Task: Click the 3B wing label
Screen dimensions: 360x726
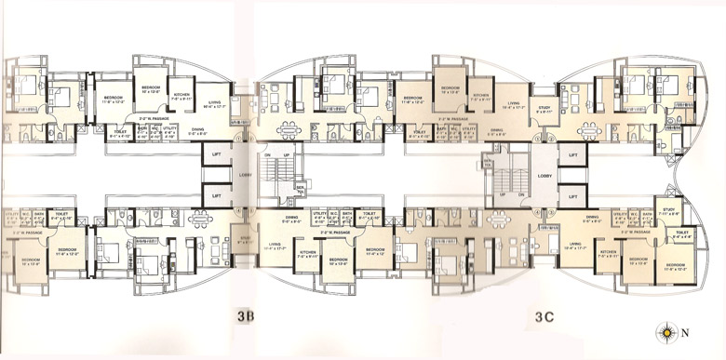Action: [245, 316]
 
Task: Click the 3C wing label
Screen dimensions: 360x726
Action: [545, 316]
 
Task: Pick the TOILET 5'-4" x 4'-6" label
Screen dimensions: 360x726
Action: [680, 234]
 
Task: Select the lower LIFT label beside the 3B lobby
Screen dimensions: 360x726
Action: [216, 196]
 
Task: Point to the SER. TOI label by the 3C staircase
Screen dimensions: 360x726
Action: [487, 164]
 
